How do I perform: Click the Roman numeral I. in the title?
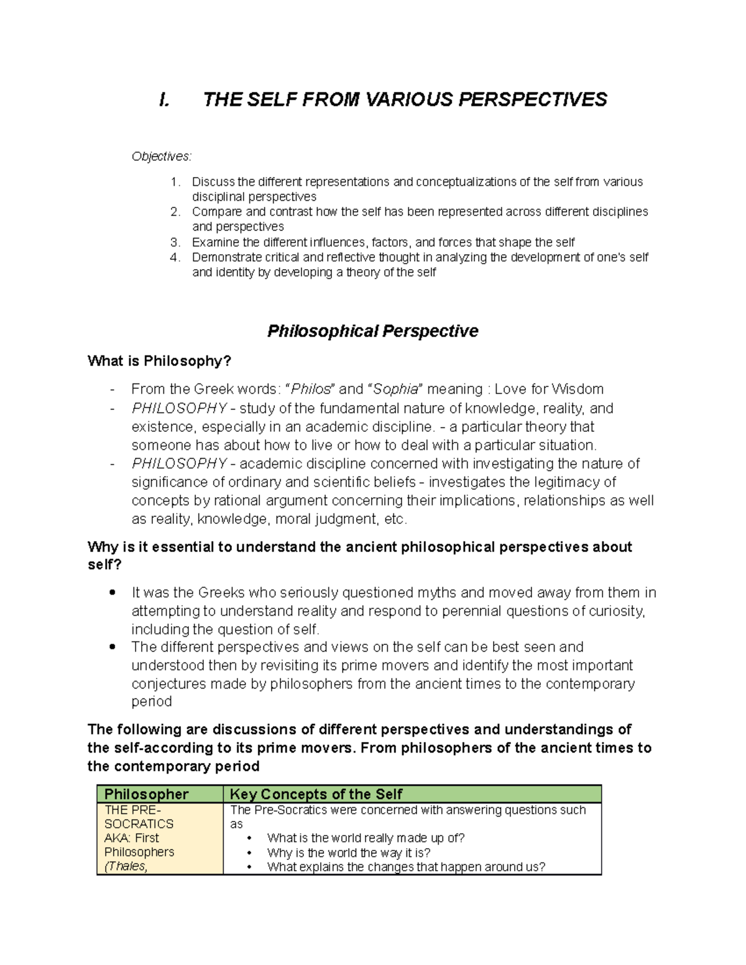tap(164, 99)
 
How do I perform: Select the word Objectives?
tap(162, 157)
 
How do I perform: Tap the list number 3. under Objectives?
tap(175, 242)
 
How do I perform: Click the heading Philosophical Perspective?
tap(372, 331)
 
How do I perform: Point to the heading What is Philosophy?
tap(159, 361)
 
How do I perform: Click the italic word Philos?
tap(311, 390)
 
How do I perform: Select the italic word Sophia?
tap(395, 390)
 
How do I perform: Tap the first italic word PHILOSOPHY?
tap(179, 409)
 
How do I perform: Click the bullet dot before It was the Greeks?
tap(112, 593)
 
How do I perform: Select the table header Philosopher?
tap(146, 794)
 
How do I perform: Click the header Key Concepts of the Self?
tap(316, 794)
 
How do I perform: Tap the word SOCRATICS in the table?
tap(139, 824)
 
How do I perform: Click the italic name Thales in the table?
tap(127, 866)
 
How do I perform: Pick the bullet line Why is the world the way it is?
tap(349, 853)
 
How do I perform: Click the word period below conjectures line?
tap(152, 702)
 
